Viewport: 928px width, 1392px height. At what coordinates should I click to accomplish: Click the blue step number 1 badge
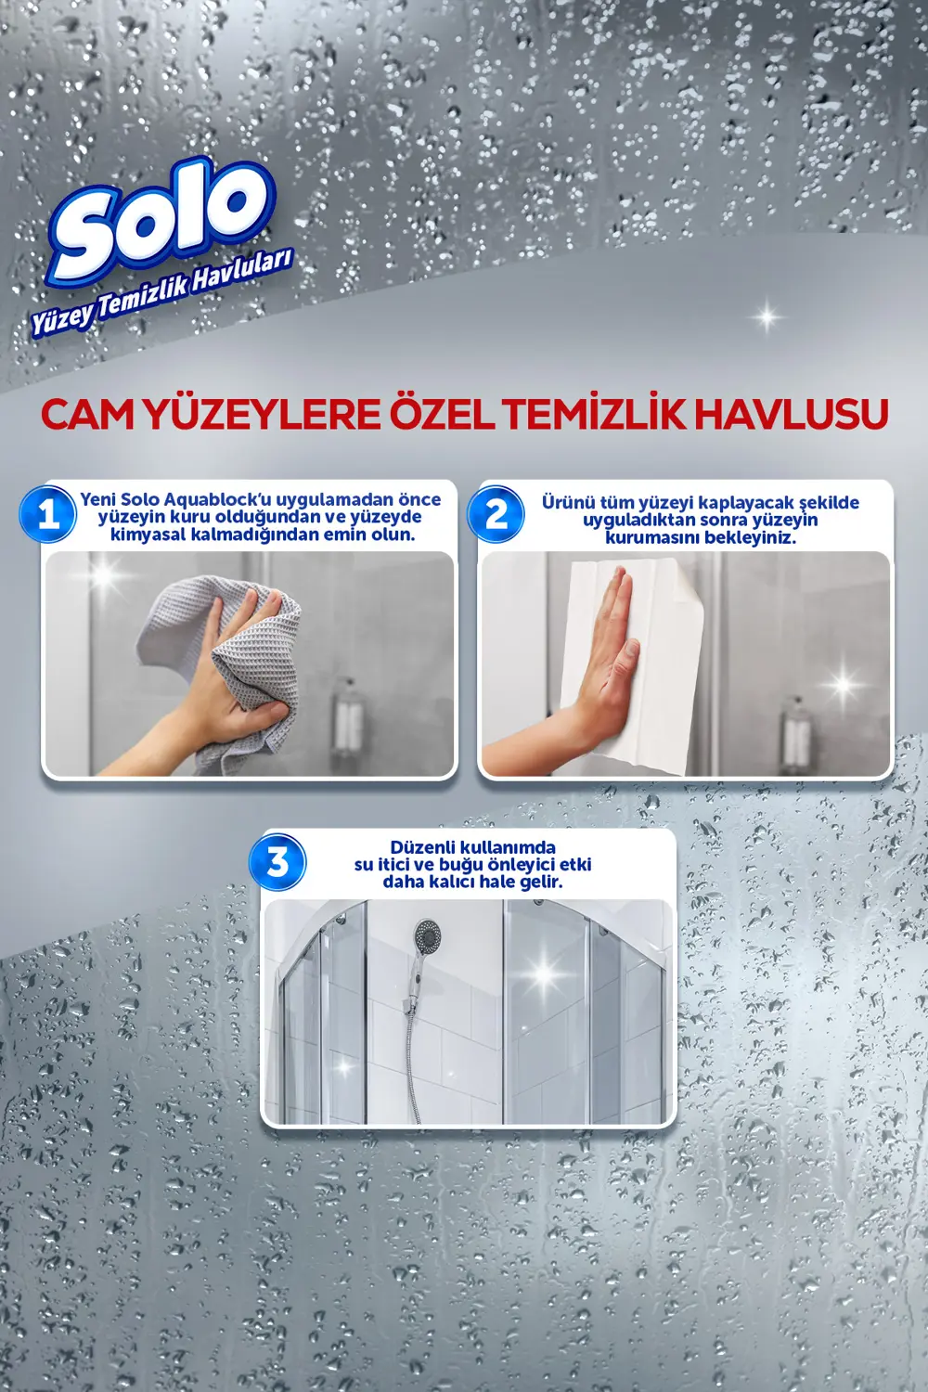coord(48,513)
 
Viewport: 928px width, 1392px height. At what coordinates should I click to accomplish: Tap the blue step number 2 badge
coord(496,513)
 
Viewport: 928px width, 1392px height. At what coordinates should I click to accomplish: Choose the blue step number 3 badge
coord(277,862)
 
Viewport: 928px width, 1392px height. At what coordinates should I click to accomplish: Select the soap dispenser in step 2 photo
coord(795,733)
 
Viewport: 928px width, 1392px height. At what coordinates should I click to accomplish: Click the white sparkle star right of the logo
coord(767,317)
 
